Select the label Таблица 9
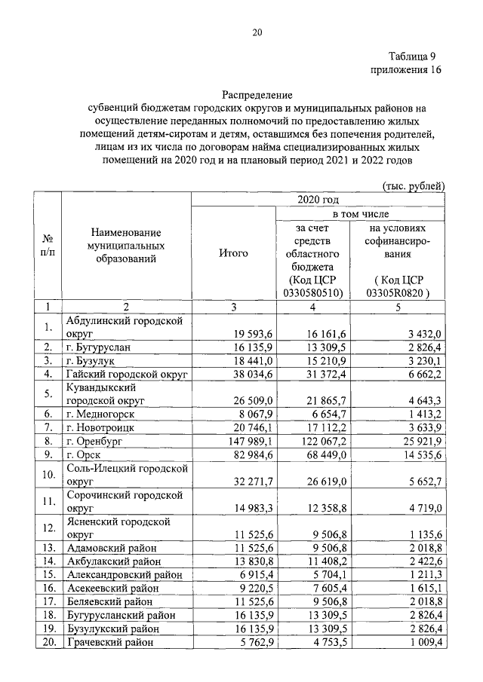[x=413, y=57]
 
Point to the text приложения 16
[x=405, y=70]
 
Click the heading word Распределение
[x=257, y=96]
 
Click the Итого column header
[x=233, y=253]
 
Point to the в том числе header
[x=365, y=214]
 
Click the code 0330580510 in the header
[x=311, y=292]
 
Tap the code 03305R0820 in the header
[x=397, y=292]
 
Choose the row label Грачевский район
[x=109, y=642]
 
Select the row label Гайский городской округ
[x=126, y=374]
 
